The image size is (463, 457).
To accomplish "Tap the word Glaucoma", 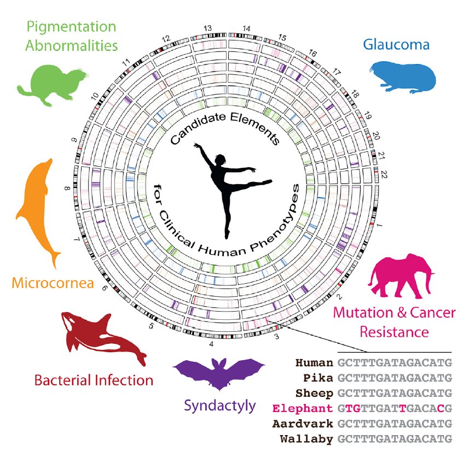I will (396, 45).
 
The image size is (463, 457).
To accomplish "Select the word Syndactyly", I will (219, 405).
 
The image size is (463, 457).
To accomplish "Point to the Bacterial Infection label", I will (94, 379).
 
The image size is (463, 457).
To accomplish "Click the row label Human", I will (314, 362).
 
